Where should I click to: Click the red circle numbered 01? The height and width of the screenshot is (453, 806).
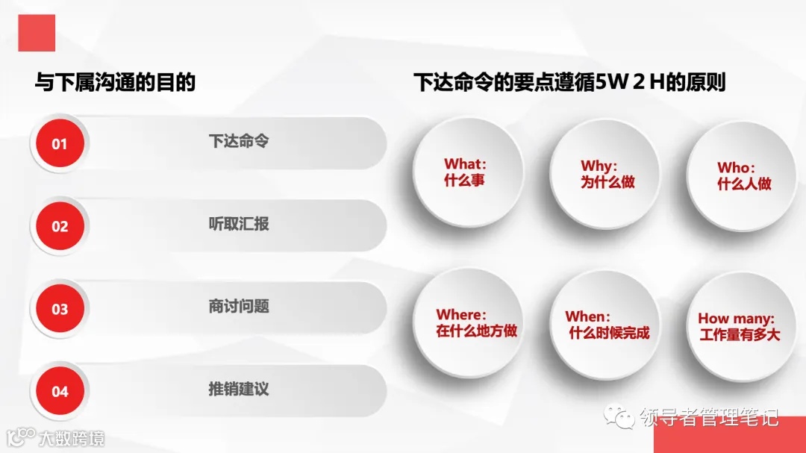click(x=59, y=144)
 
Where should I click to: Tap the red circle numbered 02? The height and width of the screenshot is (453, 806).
click(x=59, y=226)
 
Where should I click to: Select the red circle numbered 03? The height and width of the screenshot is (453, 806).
click(x=59, y=309)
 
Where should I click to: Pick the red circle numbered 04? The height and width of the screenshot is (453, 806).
click(x=59, y=391)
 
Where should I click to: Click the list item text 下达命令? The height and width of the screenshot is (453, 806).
click(x=238, y=141)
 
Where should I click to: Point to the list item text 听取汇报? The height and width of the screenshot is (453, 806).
click(x=238, y=223)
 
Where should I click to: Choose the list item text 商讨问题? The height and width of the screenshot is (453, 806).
click(x=238, y=306)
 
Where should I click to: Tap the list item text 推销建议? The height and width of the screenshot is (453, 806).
click(x=238, y=388)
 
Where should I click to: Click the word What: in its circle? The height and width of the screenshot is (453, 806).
click(x=465, y=163)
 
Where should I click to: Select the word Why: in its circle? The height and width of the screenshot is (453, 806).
click(x=599, y=166)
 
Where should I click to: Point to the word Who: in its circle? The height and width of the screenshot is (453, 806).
click(x=736, y=167)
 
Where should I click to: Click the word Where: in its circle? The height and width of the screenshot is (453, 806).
click(x=461, y=314)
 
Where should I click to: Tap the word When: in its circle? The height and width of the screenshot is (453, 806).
click(x=588, y=316)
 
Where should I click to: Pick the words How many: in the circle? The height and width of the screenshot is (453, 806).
click(x=736, y=319)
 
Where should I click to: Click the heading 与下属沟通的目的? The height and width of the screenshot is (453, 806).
click(x=115, y=82)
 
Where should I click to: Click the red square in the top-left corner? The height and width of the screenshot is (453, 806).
click(x=37, y=33)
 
